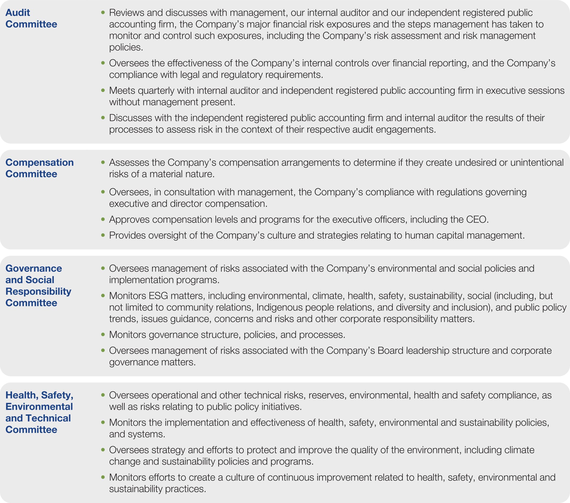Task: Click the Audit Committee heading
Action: point(31,18)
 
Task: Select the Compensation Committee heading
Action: point(39,168)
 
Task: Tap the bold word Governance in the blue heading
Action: point(34,268)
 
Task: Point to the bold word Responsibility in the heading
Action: point(38,291)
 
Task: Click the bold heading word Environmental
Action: point(39,407)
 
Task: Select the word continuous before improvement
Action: point(291,477)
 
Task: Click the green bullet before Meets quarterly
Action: point(103,90)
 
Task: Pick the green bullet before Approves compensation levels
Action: point(103,220)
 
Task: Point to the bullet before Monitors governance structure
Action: point(103,334)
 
